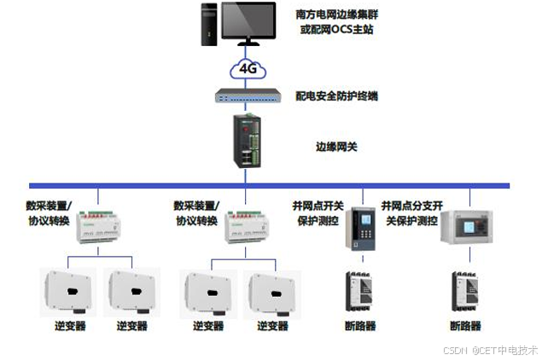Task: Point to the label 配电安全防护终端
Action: coord(336,96)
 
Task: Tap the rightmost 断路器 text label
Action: coord(465,326)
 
